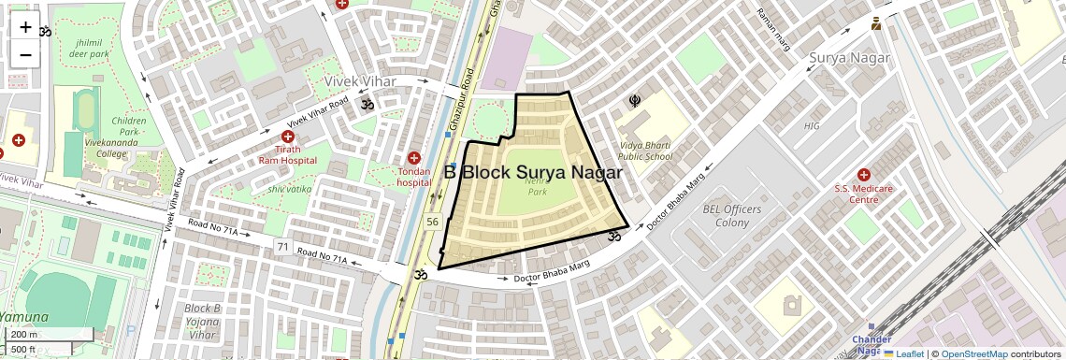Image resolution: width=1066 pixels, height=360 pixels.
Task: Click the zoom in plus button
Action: (x=25, y=27)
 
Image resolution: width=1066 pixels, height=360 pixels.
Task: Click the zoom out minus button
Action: (x=25, y=55)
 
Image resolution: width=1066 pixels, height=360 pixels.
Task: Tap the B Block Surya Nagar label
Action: (x=533, y=173)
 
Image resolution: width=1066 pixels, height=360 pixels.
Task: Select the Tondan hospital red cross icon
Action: (x=414, y=158)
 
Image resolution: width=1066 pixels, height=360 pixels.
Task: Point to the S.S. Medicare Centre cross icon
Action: (x=863, y=175)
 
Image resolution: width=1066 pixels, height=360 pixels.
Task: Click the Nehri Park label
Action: (x=537, y=186)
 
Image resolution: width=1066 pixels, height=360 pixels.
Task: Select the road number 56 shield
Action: (x=432, y=222)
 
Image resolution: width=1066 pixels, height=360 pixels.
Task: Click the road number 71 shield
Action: (x=282, y=246)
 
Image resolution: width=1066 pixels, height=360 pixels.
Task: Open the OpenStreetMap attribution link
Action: (x=973, y=353)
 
